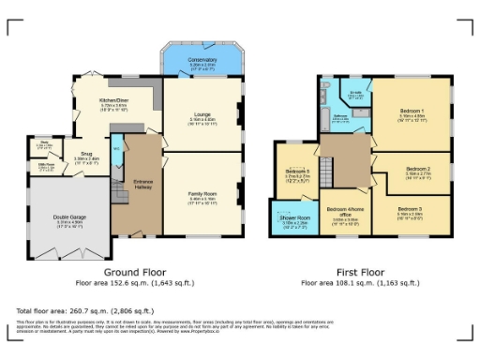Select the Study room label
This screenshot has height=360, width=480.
(x=44, y=144)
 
